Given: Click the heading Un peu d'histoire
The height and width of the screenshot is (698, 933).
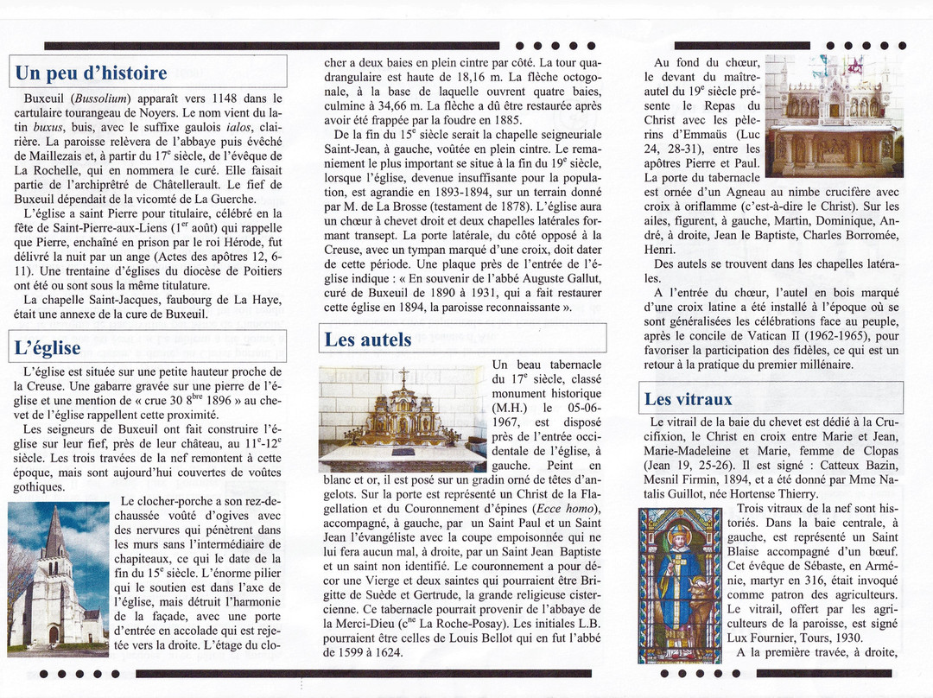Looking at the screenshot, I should [x=91, y=73].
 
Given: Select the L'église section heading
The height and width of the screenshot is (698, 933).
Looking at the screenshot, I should [x=48, y=348].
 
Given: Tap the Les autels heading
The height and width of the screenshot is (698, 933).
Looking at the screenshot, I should [x=368, y=339].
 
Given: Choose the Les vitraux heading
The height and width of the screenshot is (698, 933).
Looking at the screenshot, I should [x=688, y=399].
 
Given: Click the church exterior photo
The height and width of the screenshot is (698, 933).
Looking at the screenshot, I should [x=59, y=577].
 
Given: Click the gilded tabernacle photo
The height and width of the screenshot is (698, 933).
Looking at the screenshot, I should [x=402, y=417].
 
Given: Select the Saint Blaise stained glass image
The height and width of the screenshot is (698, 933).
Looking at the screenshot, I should [x=680, y=585].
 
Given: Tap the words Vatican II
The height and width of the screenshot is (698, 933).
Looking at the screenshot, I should [x=787, y=335].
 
